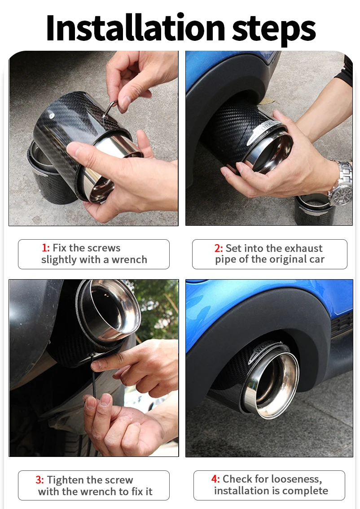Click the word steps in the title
point(274,31)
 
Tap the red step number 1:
point(46,248)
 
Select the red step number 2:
point(219,248)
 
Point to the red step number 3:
point(40,480)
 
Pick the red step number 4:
point(215,479)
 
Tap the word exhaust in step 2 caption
point(303,248)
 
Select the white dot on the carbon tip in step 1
point(51,114)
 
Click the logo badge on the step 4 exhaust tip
point(266,350)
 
